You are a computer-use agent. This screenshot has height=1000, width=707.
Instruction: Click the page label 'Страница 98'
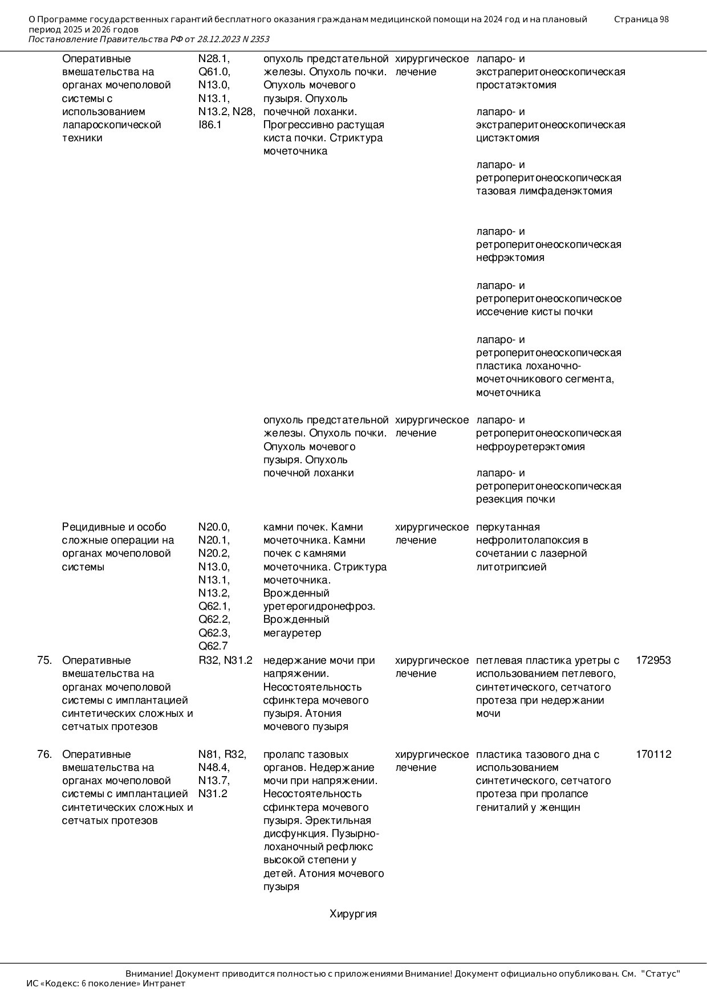coord(641,19)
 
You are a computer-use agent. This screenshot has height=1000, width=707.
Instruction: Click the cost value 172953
coord(653,660)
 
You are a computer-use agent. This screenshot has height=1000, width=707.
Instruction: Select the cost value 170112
coord(653,754)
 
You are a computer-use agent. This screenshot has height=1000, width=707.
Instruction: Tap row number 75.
coord(44,660)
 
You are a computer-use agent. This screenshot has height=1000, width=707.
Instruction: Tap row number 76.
coord(44,754)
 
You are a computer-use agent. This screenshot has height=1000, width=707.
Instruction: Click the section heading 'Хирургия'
coord(353,914)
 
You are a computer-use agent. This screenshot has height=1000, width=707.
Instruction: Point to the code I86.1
coord(210,125)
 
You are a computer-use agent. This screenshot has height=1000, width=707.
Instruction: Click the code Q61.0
coord(214,72)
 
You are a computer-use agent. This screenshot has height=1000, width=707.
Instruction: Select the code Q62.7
coord(213,646)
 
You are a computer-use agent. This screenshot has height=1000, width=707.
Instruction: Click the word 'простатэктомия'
coord(516,85)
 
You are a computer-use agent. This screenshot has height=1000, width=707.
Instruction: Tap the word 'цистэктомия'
coord(507,138)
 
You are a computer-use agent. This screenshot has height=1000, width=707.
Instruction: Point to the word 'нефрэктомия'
coord(510,258)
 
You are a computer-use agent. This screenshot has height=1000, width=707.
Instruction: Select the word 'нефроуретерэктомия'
coord(530,447)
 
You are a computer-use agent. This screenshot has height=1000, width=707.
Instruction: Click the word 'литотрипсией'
coord(511,567)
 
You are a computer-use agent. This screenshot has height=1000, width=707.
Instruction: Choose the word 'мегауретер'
coord(292,633)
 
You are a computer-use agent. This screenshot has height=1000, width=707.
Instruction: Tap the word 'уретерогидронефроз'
coord(319,606)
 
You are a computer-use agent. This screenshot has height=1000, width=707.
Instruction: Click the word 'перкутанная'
coord(507,527)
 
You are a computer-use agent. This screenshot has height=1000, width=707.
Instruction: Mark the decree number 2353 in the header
coord(259,39)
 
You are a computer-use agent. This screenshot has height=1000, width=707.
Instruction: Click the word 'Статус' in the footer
coord(661,974)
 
